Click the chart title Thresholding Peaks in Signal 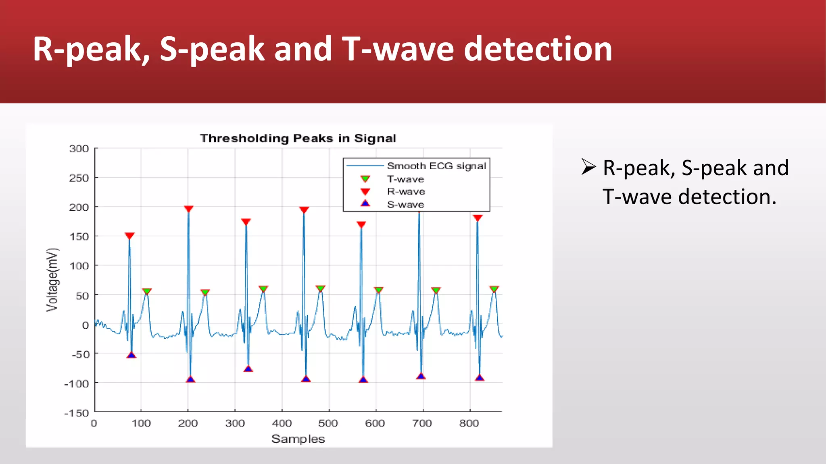point(298,138)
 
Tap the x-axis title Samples point(298,439)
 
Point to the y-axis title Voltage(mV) point(52,280)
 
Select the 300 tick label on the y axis point(79,149)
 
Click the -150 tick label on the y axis point(77,413)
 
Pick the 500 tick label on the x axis point(328,423)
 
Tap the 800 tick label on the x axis point(469,423)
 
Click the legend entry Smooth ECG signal point(436,166)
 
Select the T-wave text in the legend point(405,179)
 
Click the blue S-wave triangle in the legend point(365,203)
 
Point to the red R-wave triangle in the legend point(365,192)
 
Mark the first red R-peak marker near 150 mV point(129,236)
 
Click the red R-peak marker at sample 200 point(188,209)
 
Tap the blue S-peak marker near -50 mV point(131,355)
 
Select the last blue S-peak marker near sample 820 point(480,378)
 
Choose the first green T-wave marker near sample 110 point(147,291)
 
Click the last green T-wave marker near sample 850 point(494,289)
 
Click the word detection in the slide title point(538,49)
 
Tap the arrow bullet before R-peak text point(588,167)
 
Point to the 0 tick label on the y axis point(85,325)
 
